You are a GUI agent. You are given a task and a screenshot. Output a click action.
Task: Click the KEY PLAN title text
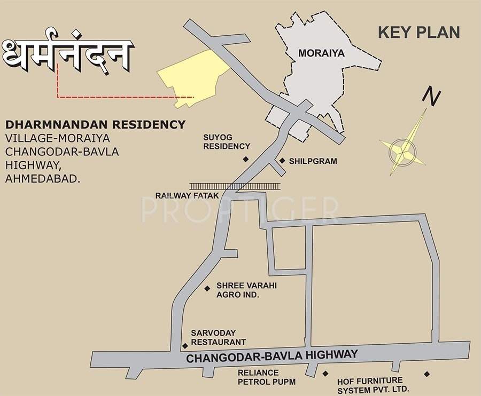click(x=418, y=32)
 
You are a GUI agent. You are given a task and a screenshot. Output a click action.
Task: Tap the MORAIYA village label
click(x=321, y=53)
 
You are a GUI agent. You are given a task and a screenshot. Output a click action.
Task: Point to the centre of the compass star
click(x=403, y=148)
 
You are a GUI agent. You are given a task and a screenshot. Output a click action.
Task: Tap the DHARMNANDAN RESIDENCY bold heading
click(x=96, y=125)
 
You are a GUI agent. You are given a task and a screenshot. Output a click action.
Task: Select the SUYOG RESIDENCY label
click(x=226, y=142)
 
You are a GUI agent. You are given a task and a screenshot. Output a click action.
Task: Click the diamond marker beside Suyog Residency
click(x=246, y=159)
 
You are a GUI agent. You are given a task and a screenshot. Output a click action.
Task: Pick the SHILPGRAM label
click(x=313, y=161)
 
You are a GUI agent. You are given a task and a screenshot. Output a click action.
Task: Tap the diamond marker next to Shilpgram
click(x=282, y=160)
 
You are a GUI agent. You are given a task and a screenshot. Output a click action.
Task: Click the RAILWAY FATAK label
click(x=187, y=196)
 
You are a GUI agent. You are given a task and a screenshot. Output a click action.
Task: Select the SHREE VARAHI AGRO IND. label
click(x=246, y=290)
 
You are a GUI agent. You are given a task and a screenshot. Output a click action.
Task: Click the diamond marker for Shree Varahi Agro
click(x=207, y=289)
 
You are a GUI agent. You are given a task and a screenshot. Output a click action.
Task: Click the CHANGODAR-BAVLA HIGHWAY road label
click(x=271, y=357)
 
